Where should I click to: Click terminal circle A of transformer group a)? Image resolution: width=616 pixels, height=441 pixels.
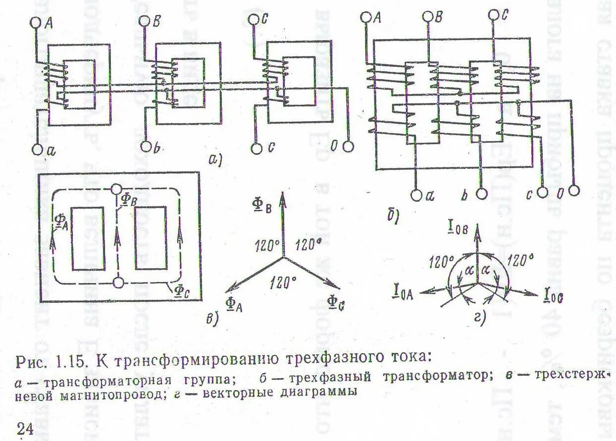click(x=36, y=22)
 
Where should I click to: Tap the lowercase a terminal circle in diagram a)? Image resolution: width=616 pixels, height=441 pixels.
click(x=38, y=149)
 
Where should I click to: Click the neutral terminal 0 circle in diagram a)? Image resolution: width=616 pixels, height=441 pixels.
click(x=349, y=147)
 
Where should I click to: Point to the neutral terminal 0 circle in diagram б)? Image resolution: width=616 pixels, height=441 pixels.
click(x=574, y=191)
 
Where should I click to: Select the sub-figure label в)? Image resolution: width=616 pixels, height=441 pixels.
click(x=212, y=319)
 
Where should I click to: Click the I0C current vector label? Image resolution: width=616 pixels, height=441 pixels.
click(x=553, y=297)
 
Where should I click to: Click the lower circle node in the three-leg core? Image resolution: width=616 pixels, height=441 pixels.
click(x=118, y=283)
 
